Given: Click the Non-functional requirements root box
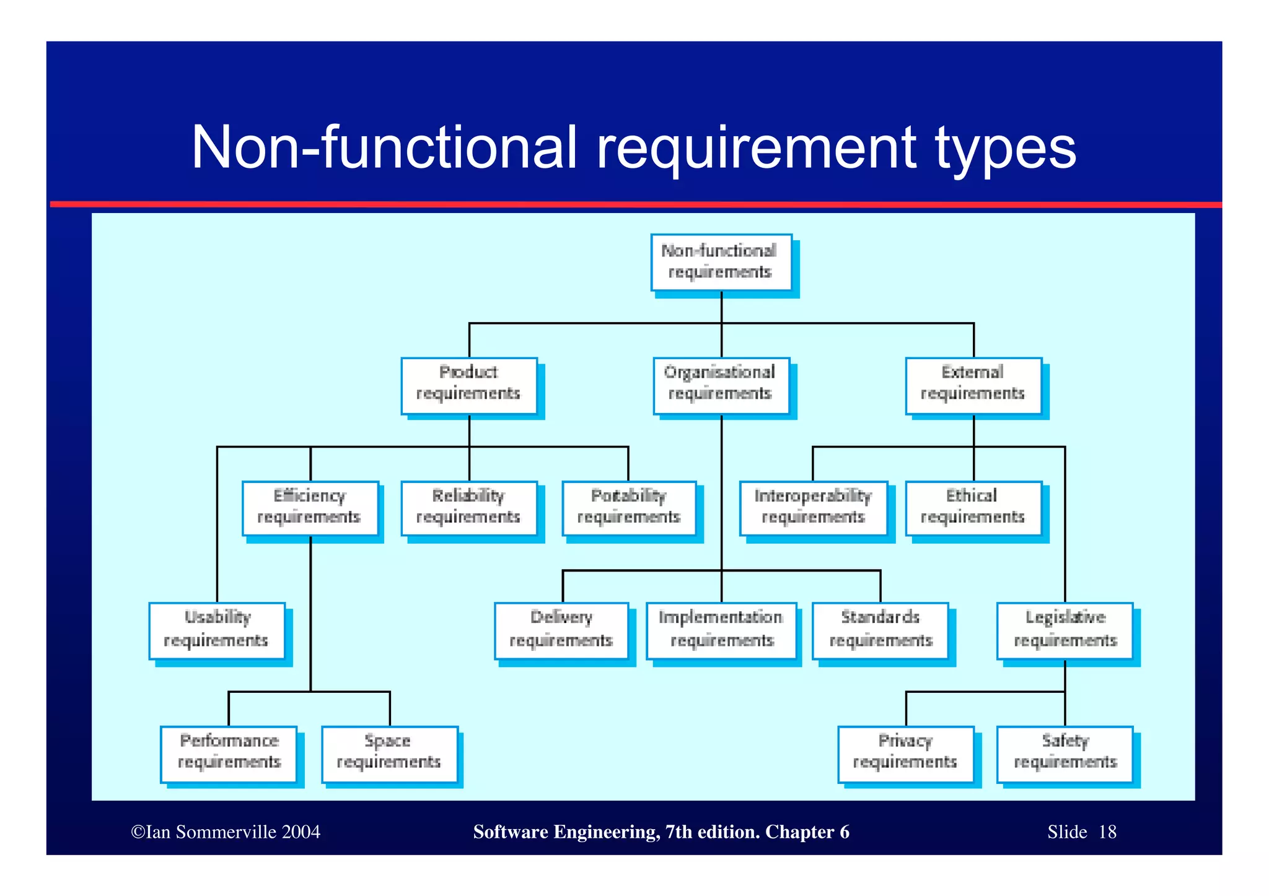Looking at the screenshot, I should point(721,262).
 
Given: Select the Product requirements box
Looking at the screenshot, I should point(469,385).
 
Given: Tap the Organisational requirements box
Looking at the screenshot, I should point(721,385).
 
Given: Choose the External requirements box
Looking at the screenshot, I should point(973,385).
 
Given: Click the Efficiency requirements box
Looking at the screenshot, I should point(310,508).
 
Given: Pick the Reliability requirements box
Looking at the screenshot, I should point(469,508).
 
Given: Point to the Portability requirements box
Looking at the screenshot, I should point(629,508).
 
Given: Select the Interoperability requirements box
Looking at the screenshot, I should point(814,508).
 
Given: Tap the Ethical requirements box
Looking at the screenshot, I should point(973,508).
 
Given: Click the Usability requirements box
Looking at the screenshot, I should point(217,630).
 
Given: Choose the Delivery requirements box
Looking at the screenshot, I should point(561,630).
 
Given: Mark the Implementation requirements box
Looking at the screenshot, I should point(721,630).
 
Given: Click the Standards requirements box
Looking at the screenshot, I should point(880,630).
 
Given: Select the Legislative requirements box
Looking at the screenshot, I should point(1065,630).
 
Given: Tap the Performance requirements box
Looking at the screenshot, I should point(229,754).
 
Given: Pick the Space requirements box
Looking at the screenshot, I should point(389,754).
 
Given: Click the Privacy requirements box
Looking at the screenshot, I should point(905,754).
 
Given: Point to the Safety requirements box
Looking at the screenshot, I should point(1065,754).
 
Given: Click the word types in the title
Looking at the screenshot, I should point(1006,149).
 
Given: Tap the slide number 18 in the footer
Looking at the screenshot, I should point(1107,832).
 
